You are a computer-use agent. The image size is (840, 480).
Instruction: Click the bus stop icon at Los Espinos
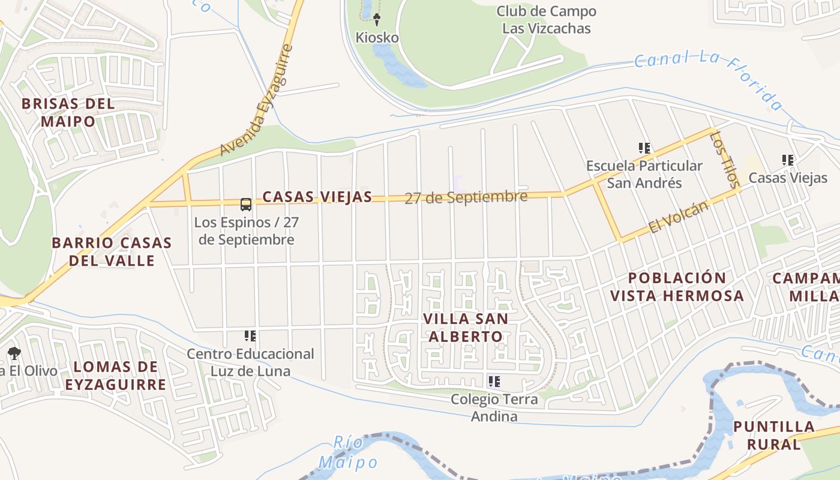[246, 205]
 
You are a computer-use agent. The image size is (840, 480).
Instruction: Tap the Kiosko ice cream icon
[377, 20]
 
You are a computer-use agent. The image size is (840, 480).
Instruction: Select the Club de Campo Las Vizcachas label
[546, 20]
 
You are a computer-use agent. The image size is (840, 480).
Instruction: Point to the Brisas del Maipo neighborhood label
[68, 112]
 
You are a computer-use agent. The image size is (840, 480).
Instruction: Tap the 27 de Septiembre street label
[466, 197]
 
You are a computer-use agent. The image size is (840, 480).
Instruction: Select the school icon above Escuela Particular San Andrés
[644, 148]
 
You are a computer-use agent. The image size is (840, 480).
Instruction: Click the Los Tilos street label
[724, 160]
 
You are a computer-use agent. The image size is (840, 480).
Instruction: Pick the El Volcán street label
[679, 217]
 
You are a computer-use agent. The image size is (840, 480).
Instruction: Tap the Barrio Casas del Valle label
[112, 251]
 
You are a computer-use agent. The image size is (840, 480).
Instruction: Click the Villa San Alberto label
[465, 327]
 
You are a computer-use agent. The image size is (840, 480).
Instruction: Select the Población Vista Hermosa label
[677, 287]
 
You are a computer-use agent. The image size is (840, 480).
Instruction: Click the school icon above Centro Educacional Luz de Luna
[250, 336]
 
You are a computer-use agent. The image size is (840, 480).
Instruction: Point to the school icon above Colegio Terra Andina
[494, 382]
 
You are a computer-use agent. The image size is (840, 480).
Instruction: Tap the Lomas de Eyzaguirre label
[115, 376]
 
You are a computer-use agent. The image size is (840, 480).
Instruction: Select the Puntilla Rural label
[774, 436]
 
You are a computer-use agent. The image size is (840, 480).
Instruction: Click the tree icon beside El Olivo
[14, 353]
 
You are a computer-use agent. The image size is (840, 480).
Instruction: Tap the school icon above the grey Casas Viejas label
[788, 160]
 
